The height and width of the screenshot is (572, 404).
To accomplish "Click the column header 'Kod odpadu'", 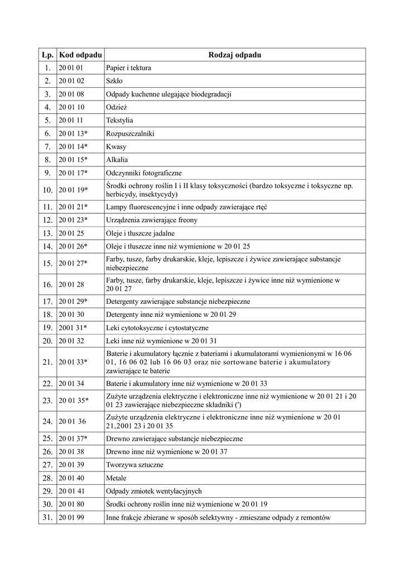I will [x=80, y=55].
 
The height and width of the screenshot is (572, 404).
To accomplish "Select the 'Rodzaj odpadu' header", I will [x=234, y=55].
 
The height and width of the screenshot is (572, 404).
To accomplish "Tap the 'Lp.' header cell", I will [x=47, y=55].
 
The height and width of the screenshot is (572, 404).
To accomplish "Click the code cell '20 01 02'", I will [x=71, y=81].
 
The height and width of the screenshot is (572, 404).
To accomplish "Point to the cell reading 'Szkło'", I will [x=114, y=81].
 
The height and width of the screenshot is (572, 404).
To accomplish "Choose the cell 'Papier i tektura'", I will [x=128, y=68].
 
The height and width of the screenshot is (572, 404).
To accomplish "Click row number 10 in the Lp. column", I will [x=47, y=190].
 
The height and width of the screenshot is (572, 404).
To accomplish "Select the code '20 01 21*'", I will [x=73, y=207].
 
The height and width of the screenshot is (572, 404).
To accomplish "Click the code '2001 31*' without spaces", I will [x=73, y=327].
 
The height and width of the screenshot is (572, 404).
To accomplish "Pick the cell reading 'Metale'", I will [x=116, y=478].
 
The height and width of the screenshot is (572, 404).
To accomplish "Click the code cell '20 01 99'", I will [x=71, y=517].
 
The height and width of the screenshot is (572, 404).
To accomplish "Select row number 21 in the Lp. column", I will [x=47, y=362].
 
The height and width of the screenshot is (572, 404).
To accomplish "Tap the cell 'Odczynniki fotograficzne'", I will [x=143, y=173].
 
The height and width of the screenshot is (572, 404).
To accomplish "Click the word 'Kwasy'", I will [x=116, y=146].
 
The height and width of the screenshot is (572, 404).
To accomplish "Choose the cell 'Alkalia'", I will [x=117, y=160].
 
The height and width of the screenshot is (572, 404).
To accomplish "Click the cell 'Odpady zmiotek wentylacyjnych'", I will [x=153, y=491].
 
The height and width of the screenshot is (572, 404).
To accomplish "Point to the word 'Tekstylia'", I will [x=119, y=120].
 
